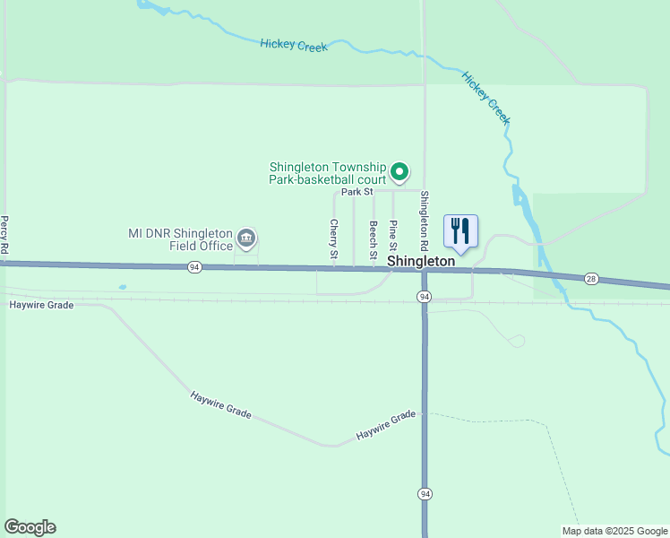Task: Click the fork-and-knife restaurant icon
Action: (460, 231)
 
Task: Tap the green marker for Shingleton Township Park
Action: (401, 170)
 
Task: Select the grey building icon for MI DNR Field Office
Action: (247, 239)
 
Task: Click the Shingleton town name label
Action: (421, 260)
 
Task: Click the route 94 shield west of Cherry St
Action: (194, 267)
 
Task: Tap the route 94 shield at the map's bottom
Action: (425, 493)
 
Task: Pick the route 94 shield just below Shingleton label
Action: (425, 296)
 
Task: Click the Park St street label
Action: (356, 191)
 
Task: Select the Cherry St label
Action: (333, 239)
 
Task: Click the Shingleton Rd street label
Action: (425, 221)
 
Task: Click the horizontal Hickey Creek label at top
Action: (294, 45)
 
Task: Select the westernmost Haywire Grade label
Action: (41, 305)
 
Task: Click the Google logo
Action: (30, 527)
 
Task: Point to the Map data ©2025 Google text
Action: (614, 531)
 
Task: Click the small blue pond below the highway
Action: (122, 287)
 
